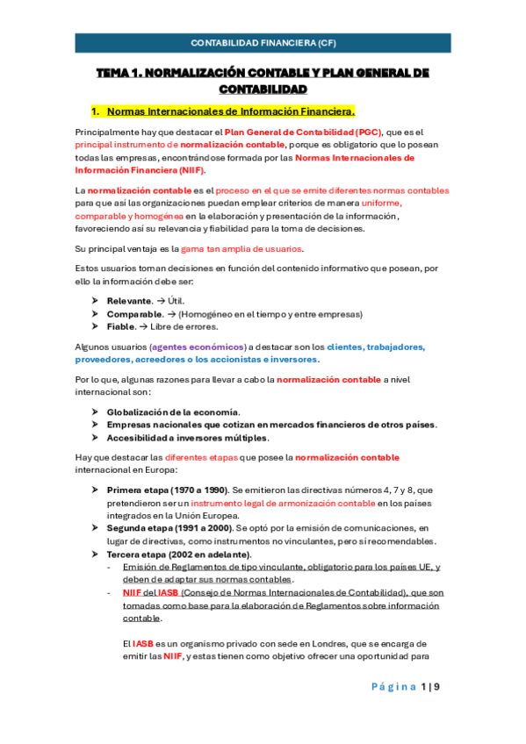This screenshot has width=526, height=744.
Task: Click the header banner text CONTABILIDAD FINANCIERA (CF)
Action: [x=263, y=43]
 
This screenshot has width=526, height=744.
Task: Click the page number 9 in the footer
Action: [x=436, y=686]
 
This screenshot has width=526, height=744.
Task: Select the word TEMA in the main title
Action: [x=112, y=73]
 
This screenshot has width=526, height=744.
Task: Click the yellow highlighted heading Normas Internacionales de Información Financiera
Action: [x=231, y=111]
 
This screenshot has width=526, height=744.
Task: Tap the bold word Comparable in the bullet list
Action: [x=134, y=314]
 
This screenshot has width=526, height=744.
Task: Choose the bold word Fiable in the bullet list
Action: [x=122, y=327]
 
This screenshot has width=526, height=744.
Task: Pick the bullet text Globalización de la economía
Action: [x=173, y=411]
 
